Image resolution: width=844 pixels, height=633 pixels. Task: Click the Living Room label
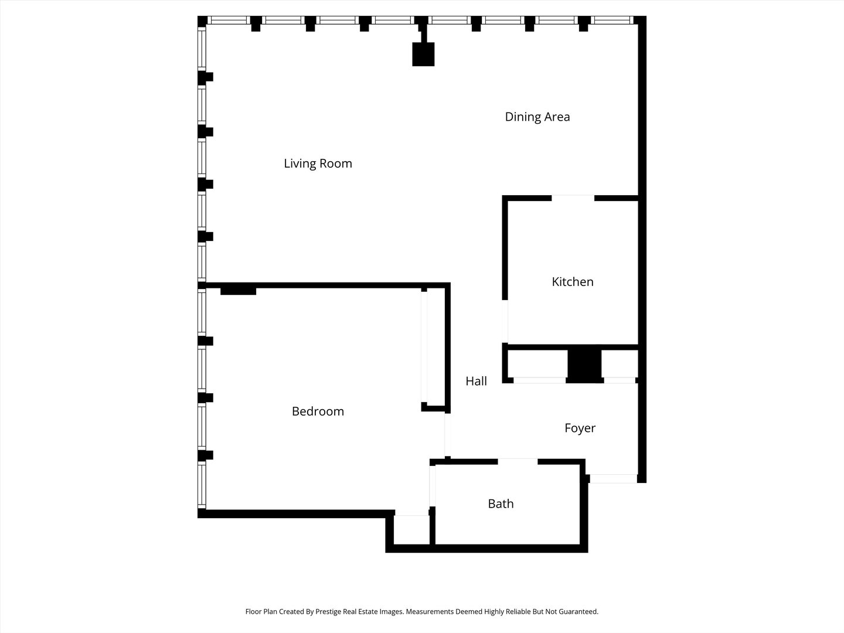pyautogui.click(x=318, y=164)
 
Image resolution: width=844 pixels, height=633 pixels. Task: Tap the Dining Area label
pyautogui.click(x=537, y=117)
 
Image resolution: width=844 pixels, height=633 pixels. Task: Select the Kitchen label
pyautogui.click(x=573, y=282)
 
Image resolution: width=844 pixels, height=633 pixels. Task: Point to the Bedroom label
pyautogui.click(x=318, y=411)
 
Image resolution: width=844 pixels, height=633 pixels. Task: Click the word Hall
pyautogui.click(x=476, y=381)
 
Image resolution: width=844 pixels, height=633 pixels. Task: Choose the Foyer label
pyautogui.click(x=580, y=428)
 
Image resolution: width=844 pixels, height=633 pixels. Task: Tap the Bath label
pyautogui.click(x=501, y=504)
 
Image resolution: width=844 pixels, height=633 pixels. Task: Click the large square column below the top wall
pyautogui.click(x=423, y=54)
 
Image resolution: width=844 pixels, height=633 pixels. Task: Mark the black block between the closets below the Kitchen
pyautogui.click(x=584, y=366)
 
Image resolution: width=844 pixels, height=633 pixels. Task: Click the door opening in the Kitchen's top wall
pyautogui.click(x=573, y=198)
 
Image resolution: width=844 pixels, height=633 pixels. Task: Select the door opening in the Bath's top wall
pyautogui.click(x=518, y=462)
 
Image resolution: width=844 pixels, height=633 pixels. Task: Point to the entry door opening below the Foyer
pyautogui.click(x=613, y=478)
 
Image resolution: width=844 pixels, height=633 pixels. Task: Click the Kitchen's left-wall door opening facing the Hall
pyautogui.click(x=505, y=321)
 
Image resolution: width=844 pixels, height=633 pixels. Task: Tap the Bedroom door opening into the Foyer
pyautogui.click(x=448, y=435)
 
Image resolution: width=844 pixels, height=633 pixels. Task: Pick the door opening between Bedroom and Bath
pyautogui.click(x=432, y=486)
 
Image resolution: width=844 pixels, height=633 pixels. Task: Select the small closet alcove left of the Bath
pyautogui.click(x=411, y=530)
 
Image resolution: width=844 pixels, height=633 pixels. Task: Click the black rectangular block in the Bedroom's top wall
pyautogui.click(x=239, y=291)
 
